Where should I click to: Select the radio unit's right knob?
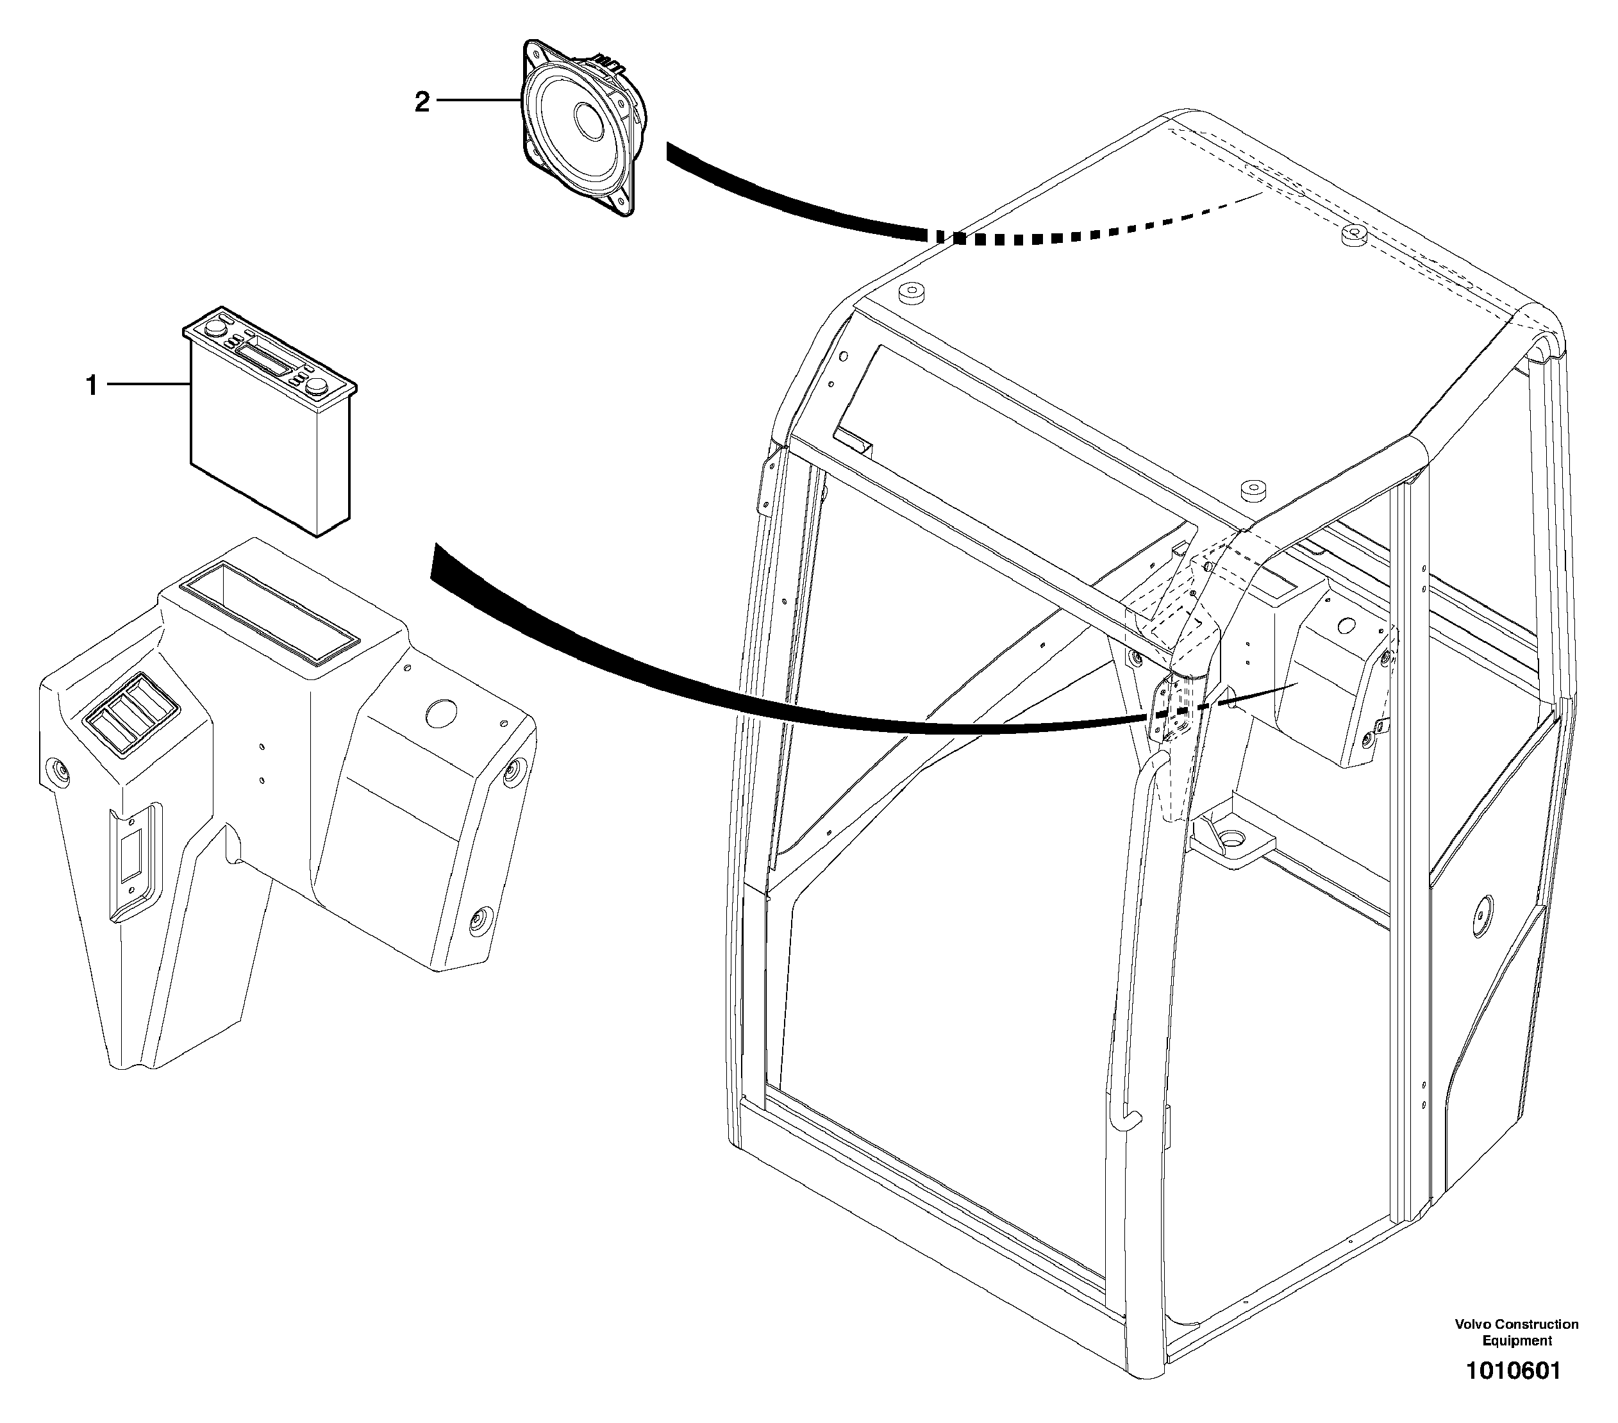319,385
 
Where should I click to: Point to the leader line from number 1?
149,385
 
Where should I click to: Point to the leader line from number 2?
478,101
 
